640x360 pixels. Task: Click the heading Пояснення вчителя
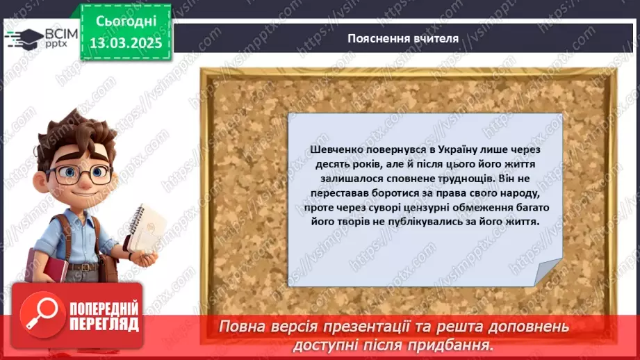click(403, 38)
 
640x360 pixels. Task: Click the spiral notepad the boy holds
click(149, 229)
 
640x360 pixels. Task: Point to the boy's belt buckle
click(83, 267)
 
